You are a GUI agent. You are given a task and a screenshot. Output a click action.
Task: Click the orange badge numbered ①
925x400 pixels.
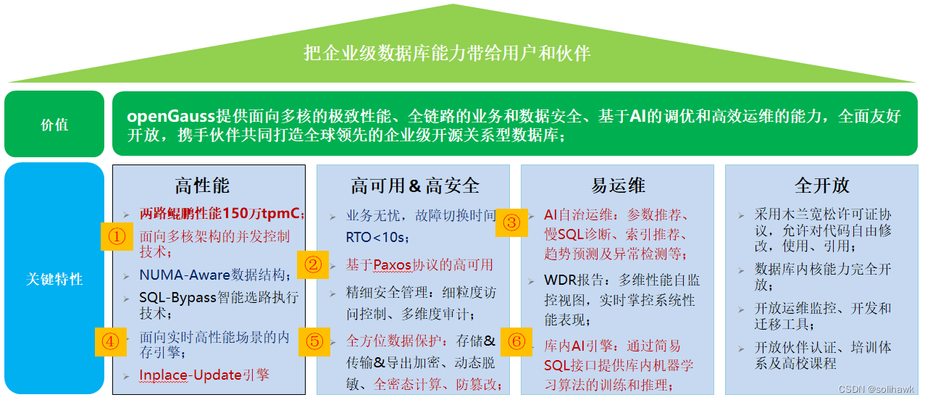pos(117,236)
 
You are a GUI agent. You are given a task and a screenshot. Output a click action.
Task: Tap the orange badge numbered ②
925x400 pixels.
pos(313,264)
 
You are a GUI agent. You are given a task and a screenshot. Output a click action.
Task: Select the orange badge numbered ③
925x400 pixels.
pos(511,222)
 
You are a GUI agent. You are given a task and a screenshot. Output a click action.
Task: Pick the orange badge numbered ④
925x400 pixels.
pos(110,341)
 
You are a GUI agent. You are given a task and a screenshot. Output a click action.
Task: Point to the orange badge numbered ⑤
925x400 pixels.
pos(314,341)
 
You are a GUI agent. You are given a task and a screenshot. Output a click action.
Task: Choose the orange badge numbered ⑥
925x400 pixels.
pos(516,341)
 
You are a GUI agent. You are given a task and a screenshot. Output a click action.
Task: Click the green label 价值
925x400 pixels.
pos(54,125)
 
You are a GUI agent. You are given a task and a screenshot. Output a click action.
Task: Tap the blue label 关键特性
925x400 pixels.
pos(54,279)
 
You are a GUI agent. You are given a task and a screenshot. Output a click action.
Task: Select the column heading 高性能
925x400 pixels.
pos(202,186)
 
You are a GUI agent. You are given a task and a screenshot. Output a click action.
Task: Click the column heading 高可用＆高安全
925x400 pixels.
pos(415,186)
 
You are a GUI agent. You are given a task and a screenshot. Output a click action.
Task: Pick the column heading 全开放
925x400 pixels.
pos(821,186)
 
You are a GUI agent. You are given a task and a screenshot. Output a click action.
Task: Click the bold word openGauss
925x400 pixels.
pos(171,116)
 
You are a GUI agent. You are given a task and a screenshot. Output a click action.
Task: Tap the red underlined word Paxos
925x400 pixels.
pos(392,264)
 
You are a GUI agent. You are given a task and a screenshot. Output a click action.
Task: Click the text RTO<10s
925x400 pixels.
pos(377,237)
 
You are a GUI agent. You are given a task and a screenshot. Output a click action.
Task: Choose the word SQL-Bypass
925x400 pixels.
pos(177,297)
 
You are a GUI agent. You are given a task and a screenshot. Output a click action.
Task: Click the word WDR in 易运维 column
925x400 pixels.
pos(561,280)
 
